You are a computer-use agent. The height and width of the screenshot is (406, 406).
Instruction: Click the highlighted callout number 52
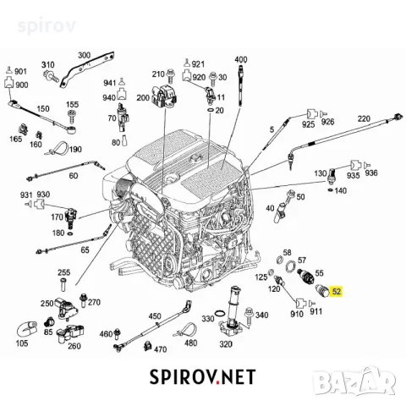tap(337, 291)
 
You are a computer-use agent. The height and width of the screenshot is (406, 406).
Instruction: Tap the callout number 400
tap(241, 60)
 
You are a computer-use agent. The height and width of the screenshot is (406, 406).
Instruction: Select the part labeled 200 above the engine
tap(164, 97)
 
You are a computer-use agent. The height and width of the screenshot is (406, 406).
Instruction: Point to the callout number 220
tap(364, 118)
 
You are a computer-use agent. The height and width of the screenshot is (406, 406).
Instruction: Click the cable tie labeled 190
tap(57, 148)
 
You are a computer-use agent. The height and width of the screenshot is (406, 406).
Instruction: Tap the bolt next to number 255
tap(63, 285)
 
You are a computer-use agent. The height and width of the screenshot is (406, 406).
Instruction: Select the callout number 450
tap(155, 316)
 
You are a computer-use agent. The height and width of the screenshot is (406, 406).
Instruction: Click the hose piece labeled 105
tap(27, 329)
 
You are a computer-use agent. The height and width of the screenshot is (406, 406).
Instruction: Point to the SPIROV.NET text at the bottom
tap(202, 377)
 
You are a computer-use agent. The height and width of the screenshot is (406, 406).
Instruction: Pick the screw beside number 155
tap(73, 117)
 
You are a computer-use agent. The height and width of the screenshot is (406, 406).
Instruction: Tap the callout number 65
tap(85, 250)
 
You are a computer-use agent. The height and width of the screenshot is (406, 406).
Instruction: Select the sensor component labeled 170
tap(71, 217)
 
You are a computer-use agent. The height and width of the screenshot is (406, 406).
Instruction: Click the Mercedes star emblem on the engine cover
tap(195, 158)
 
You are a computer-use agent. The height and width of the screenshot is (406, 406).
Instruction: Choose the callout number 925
tap(308, 124)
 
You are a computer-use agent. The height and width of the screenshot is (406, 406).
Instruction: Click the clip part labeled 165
tap(24, 129)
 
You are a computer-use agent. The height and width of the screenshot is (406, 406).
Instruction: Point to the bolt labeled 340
tap(249, 317)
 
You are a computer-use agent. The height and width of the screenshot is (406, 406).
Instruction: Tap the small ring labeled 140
tap(330, 190)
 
